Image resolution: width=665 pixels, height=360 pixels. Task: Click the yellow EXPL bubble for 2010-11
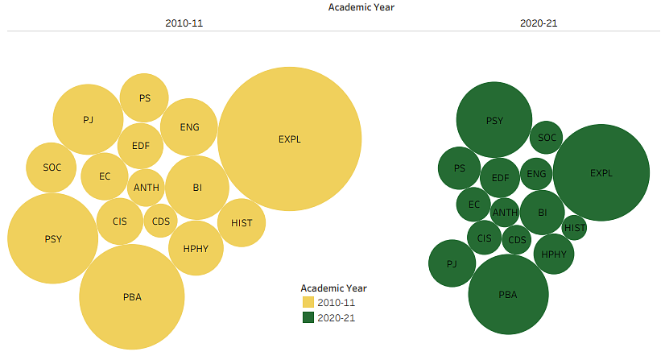[x=289, y=139]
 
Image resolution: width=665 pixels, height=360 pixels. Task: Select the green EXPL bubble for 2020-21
[x=601, y=172]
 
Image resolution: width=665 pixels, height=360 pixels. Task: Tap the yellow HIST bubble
[x=242, y=222]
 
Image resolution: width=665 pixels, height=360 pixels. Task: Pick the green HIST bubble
[x=575, y=228]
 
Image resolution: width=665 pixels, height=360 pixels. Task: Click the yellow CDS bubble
[x=161, y=221]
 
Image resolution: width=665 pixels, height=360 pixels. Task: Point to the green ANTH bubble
[x=505, y=213]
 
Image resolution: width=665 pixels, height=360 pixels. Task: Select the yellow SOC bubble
[x=52, y=168]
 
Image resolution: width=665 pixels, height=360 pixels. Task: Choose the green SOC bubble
[x=547, y=138]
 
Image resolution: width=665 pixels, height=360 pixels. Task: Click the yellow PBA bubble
[x=133, y=296]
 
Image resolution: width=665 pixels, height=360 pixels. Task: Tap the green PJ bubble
[x=452, y=263]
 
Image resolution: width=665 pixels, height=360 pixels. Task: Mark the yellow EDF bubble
[x=140, y=147]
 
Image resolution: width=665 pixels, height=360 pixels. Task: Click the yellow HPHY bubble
[x=196, y=248]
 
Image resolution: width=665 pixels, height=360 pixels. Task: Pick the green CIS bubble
[x=484, y=238]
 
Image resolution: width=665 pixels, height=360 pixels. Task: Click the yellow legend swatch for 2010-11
[x=308, y=302]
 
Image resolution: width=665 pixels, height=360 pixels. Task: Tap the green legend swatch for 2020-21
[x=308, y=317]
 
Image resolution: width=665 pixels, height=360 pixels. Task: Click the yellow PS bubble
[x=144, y=98]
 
